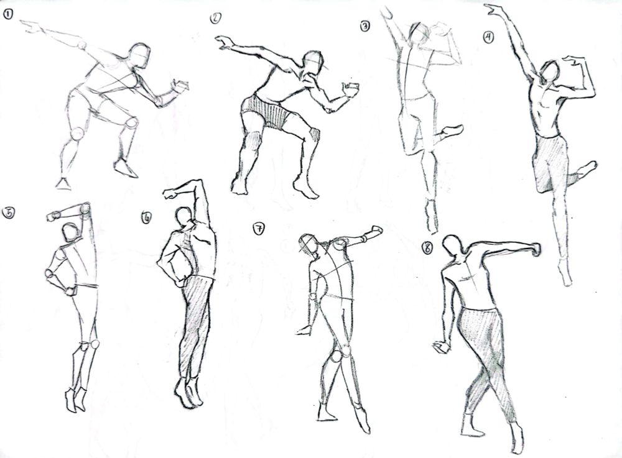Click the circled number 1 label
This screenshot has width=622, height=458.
(x=7, y=15)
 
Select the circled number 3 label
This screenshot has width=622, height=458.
(x=364, y=26)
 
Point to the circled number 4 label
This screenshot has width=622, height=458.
(x=488, y=37)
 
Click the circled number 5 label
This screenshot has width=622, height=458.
(x=8, y=213)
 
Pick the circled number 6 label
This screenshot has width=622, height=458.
(x=146, y=218)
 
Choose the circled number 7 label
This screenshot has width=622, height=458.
(x=258, y=229)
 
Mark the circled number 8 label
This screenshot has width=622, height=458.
(x=427, y=248)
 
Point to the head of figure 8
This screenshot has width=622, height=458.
(x=453, y=245)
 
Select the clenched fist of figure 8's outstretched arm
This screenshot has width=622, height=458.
(x=535, y=249)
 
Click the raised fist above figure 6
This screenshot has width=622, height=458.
(x=170, y=193)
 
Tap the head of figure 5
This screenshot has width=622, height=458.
(x=72, y=232)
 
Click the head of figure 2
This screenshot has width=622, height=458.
(x=313, y=63)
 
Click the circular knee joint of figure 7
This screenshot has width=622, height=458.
(x=337, y=356)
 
